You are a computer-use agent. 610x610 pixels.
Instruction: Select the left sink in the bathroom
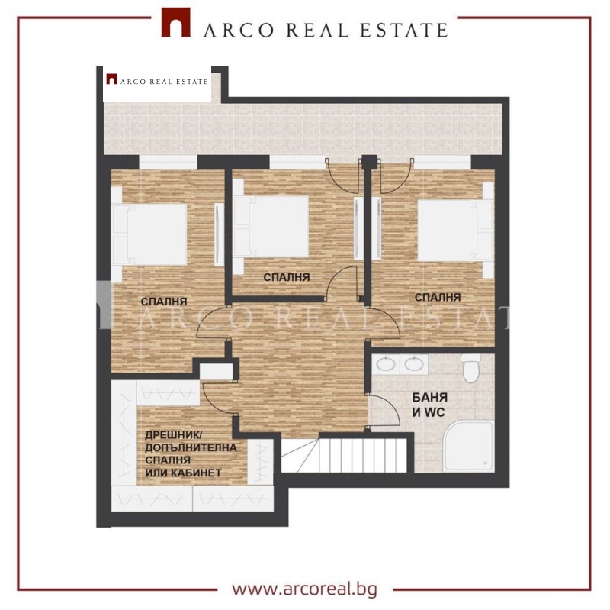387,364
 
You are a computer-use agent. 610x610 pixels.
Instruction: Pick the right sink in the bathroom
414,364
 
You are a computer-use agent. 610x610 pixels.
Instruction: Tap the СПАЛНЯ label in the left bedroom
164,302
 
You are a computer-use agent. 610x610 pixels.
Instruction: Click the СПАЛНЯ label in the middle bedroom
287,277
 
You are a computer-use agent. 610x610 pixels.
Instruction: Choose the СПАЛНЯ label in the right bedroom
438,296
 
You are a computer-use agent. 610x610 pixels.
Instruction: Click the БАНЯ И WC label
430,405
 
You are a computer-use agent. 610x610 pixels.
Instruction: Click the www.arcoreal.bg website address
304,589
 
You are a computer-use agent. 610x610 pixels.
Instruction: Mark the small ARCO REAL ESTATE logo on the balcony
157,79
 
